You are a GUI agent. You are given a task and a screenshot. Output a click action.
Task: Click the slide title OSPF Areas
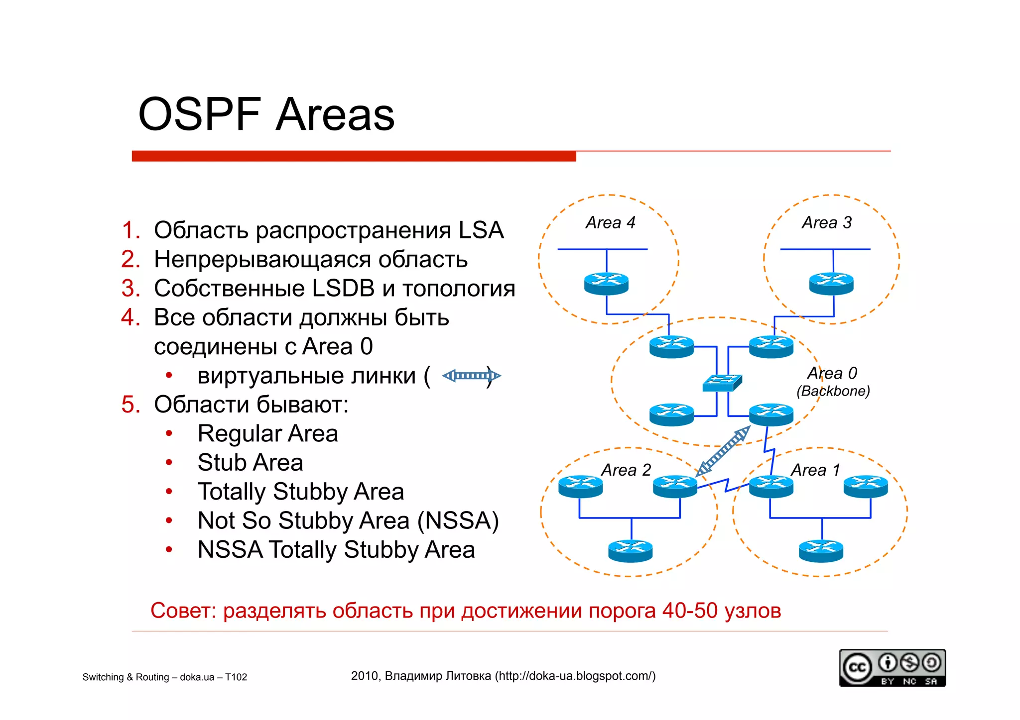(x=266, y=114)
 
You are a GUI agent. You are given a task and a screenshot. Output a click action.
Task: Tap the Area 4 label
(x=610, y=222)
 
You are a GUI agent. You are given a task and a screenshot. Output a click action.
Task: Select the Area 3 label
(x=826, y=222)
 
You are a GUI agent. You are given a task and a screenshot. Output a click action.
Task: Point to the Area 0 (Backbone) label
(x=832, y=382)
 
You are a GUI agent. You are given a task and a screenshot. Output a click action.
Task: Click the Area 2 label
(x=626, y=470)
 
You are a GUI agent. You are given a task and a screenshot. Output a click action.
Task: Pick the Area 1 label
(x=815, y=470)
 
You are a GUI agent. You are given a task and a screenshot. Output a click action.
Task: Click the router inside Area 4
(x=606, y=284)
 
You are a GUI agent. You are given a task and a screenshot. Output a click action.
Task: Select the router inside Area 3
(x=831, y=284)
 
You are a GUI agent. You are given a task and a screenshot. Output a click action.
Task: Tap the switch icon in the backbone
(x=722, y=383)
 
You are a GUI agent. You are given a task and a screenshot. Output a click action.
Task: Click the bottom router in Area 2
(x=630, y=551)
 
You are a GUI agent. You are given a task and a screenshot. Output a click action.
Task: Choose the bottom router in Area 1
(x=821, y=551)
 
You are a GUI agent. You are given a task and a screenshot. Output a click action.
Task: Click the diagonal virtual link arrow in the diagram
(x=723, y=451)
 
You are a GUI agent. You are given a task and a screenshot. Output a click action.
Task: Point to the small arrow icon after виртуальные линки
(x=471, y=376)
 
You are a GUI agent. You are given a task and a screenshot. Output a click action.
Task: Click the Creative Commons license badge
(x=892, y=668)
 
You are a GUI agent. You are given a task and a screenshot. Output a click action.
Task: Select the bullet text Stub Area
(x=250, y=462)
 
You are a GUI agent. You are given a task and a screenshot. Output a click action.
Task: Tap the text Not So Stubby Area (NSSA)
(x=348, y=520)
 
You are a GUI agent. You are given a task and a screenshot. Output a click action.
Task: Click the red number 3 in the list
(x=130, y=289)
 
